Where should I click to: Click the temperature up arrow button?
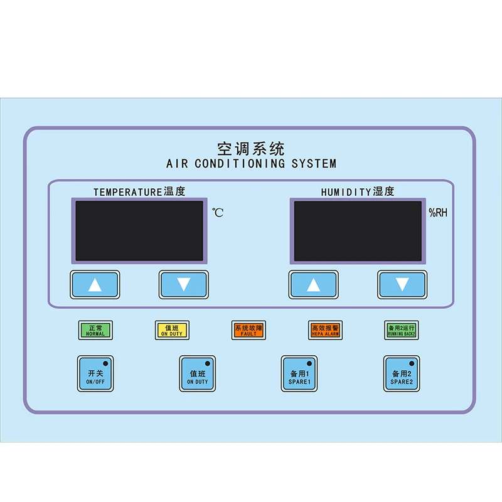tap(95, 285)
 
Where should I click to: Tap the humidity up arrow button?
tap(313, 285)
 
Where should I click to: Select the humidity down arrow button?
tap(402, 285)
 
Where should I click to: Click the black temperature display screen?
tap(139, 230)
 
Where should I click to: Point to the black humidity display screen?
tap(358, 230)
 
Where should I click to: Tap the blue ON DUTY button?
tap(198, 374)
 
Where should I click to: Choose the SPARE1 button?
tap(299, 374)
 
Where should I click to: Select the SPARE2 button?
tap(402, 374)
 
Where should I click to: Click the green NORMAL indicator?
tap(95, 330)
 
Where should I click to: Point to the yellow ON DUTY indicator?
tap(172, 330)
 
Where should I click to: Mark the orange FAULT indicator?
tap(248, 330)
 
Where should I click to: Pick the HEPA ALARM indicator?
tap(325, 330)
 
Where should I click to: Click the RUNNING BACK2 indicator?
tap(402, 330)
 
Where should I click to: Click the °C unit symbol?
tap(217, 213)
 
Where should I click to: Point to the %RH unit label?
tap(438, 213)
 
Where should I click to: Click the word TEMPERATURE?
tap(127, 193)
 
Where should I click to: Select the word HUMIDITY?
tap(346, 193)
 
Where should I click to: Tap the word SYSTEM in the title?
tap(314, 164)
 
